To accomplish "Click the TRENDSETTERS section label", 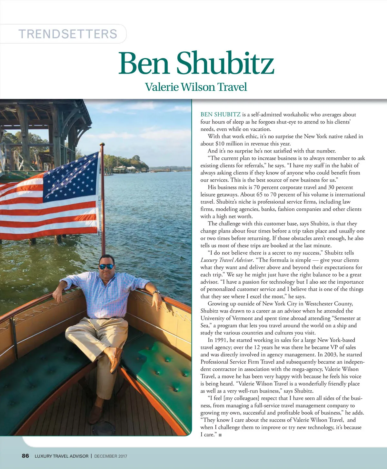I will (x=68, y=34).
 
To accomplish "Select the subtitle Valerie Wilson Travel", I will (x=196, y=87).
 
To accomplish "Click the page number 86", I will (x=25, y=456).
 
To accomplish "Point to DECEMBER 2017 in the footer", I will (x=111, y=456).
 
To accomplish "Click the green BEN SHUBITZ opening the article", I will (x=220, y=115).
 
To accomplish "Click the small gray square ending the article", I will (x=220, y=435).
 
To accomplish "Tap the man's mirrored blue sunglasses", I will (x=106, y=266).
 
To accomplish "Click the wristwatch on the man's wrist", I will (x=156, y=292).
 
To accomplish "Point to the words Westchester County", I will (x=329, y=304).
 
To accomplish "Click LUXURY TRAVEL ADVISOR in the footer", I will (x=61, y=456).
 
